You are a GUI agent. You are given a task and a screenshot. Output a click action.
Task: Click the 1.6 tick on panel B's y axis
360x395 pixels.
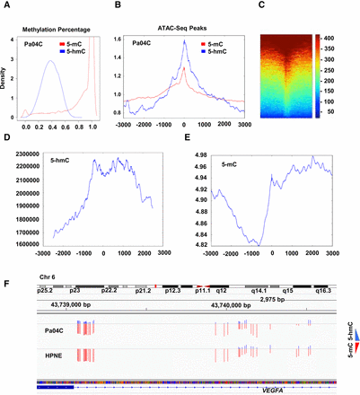point(131,39)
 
